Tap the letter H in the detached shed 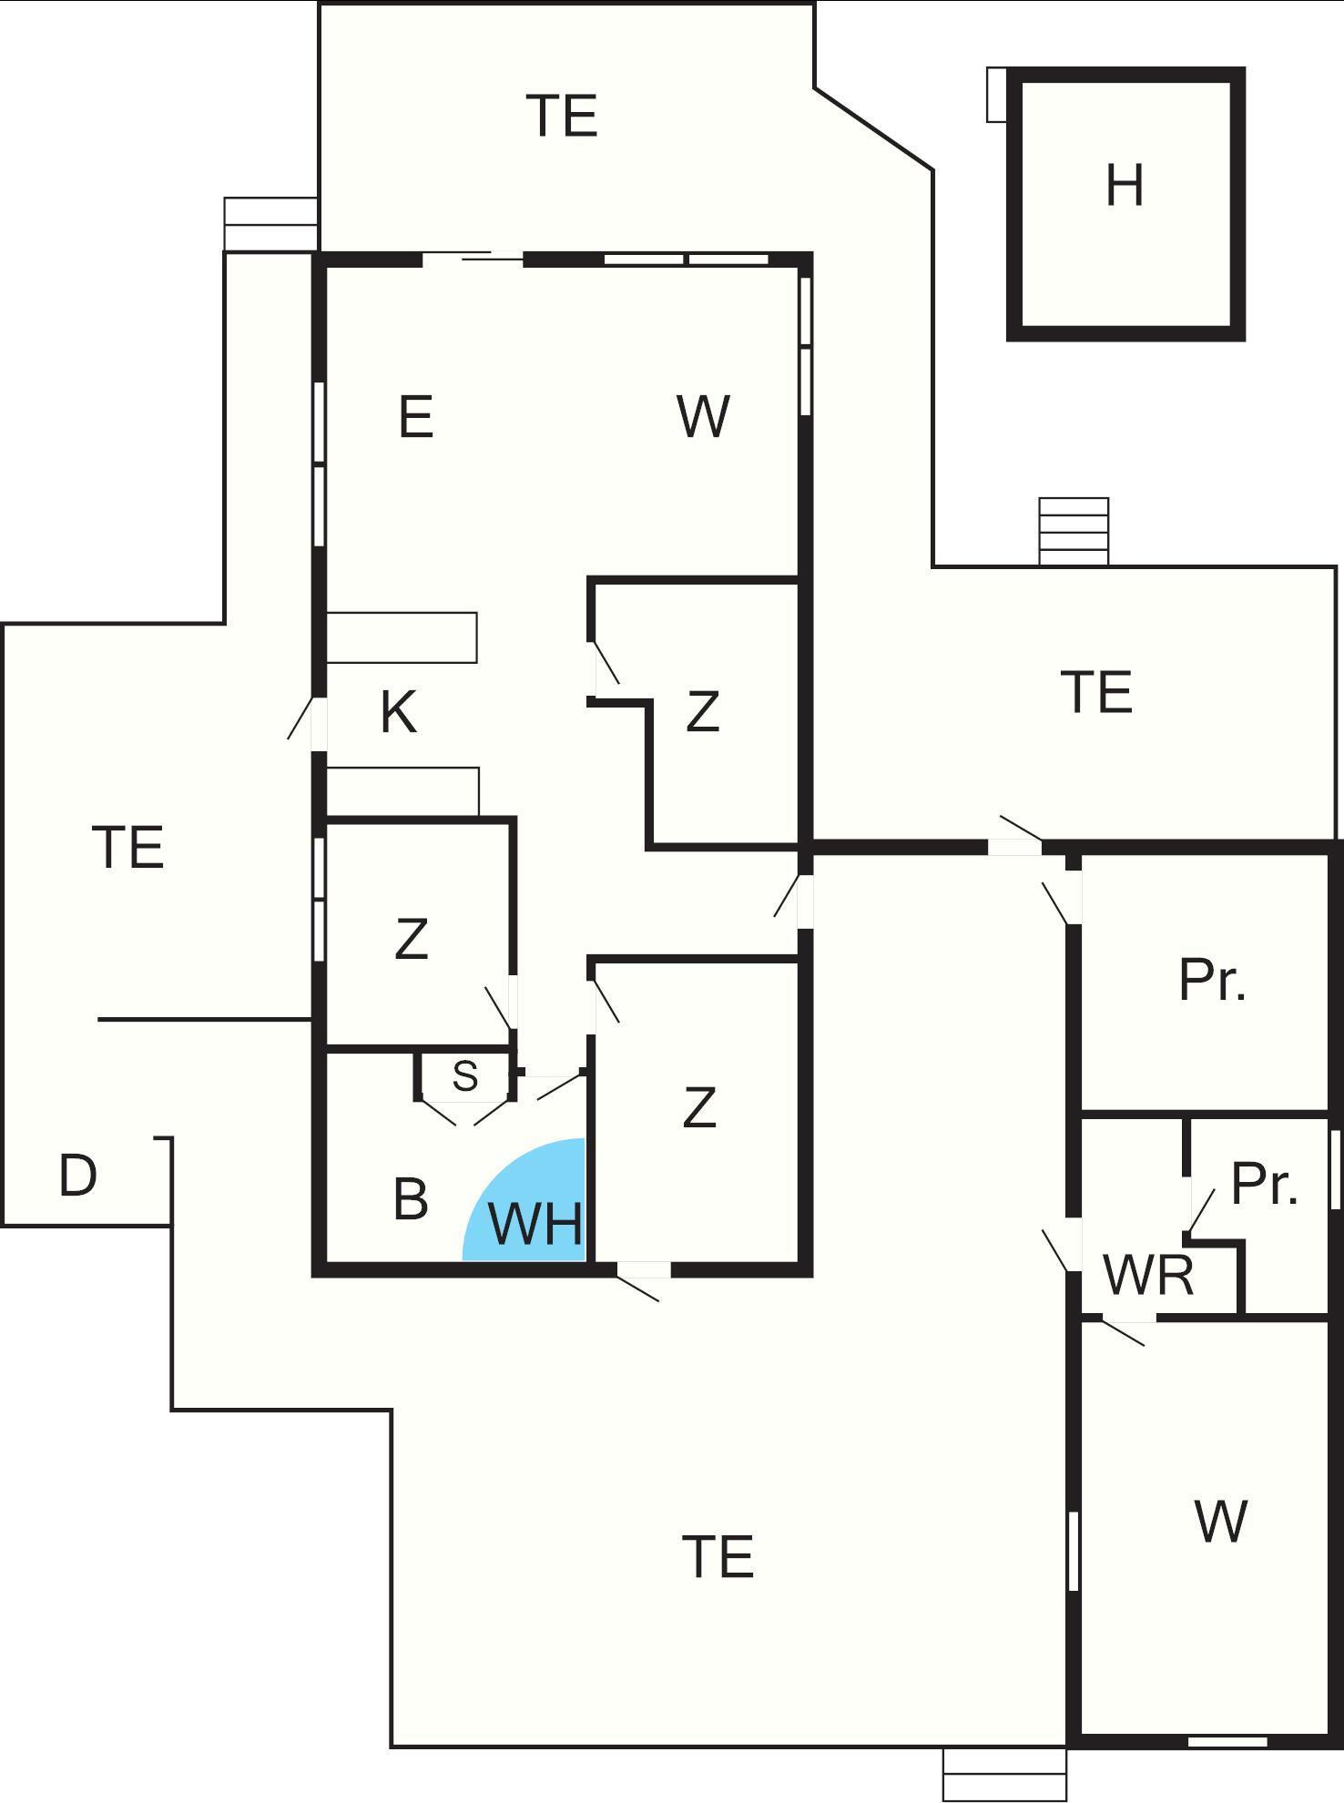click(x=1124, y=186)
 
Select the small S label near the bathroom click(x=464, y=1076)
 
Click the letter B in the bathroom click(x=411, y=1199)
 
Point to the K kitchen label click(x=399, y=712)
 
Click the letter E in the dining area click(x=416, y=418)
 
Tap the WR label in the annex click(x=1147, y=1276)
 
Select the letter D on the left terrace click(x=77, y=1176)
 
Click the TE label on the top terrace click(x=563, y=116)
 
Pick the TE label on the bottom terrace click(x=718, y=1556)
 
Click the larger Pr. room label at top click(x=1212, y=981)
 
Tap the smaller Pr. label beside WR click(x=1264, y=1184)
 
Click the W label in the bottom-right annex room click(x=1220, y=1521)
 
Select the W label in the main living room click(x=703, y=417)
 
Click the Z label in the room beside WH click(x=699, y=1107)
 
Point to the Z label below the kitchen click(x=412, y=939)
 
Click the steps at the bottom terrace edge click(x=1004, y=1775)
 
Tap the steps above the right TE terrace click(x=1074, y=531)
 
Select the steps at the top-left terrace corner click(x=270, y=223)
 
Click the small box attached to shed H click(x=996, y=94)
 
